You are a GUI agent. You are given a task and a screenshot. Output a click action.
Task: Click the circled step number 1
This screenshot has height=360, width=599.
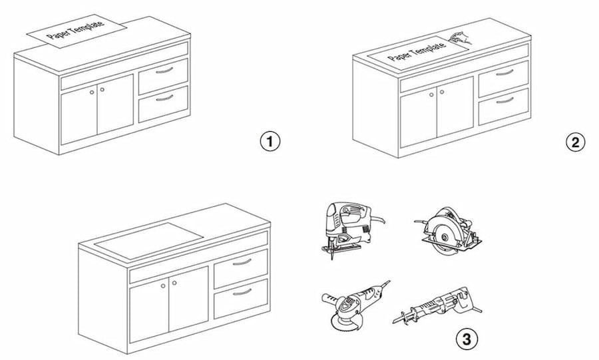[x=270, y=142]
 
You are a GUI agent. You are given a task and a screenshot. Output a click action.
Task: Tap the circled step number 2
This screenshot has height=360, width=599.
[x=575, y=142]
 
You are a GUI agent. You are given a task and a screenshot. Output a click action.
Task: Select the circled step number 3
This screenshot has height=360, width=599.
[x=467, y=339]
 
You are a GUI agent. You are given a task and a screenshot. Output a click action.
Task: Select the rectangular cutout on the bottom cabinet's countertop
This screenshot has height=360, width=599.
[x=148, y=237]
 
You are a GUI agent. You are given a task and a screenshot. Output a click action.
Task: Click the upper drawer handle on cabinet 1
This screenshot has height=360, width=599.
[x=163, y=69]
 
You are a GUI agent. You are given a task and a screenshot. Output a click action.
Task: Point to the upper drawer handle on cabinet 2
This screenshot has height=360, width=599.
[x=504, y=72]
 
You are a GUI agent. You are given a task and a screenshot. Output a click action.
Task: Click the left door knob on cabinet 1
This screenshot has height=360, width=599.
[x=92, y=90]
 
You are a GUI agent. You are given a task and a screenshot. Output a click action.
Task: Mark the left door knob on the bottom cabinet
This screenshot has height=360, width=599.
[x=162, y=285]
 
